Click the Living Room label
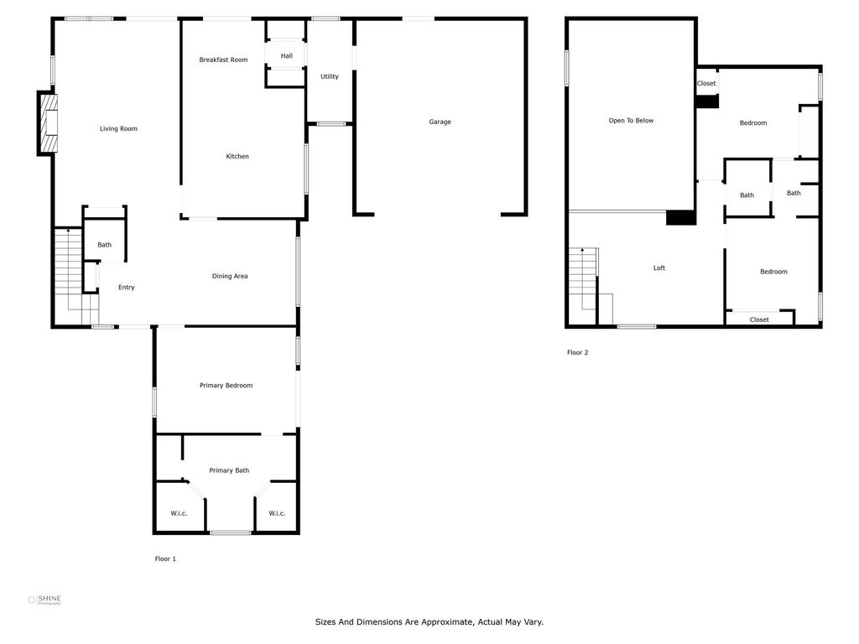tap(118, 128)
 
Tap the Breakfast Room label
tap(223, 60)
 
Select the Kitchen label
tap(237, 156)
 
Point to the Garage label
tap(440, 122)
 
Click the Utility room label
tap(329, 76)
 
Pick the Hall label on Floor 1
tap(287, 56)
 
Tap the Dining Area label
tap(230, 276)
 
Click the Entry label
tap(126, 288)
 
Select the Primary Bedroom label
tap(226, 386)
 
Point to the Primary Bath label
tap(229, 470)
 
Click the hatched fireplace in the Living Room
tap(47, 123)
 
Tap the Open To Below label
tap(631, 121)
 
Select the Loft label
tap(659, 267)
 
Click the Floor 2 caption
tap(577, 353)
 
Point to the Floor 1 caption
tap(165, 559)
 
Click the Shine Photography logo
tap(44, 600)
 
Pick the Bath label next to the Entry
tap(104, 245)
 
